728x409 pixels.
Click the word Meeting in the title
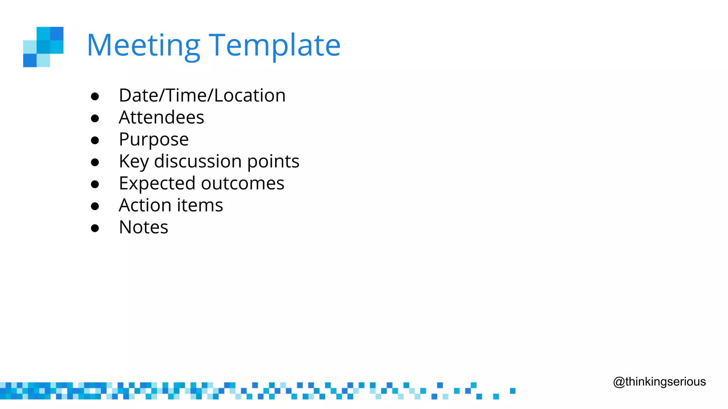point(144,45)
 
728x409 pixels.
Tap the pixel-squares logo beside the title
point(43,47)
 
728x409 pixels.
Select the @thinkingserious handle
point(659,382)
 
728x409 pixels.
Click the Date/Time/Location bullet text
point(202,96)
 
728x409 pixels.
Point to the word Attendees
point(161,118)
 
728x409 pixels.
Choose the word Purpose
point(154,140)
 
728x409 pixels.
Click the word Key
point(134,162)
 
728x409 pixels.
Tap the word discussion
point(198,162)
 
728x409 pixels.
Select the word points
point(273,162)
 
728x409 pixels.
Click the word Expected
point(157,184)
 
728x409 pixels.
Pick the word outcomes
point(242,184)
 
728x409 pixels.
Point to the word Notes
point(143,228)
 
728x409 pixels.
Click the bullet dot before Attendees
point(95,118)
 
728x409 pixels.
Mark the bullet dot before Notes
point(95,228)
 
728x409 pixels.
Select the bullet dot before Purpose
point(95,140)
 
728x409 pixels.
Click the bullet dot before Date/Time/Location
point(95,96)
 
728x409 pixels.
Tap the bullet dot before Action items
point(95,206)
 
